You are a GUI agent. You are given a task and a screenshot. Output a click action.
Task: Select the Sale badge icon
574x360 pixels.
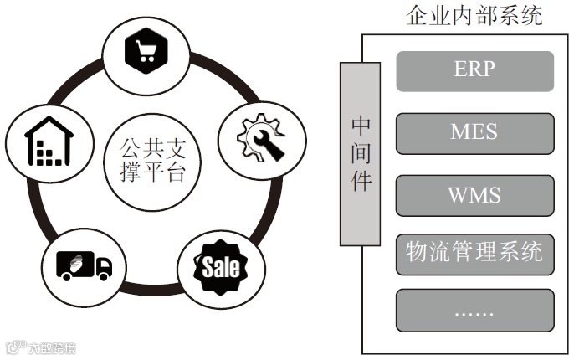221,267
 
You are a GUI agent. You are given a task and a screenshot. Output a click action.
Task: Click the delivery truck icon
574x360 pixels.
83,265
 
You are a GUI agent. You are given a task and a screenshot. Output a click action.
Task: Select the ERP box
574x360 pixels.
474,71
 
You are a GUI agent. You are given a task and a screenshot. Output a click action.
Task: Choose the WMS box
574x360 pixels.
474,196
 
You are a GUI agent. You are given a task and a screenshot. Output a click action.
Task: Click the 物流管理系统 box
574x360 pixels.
474,253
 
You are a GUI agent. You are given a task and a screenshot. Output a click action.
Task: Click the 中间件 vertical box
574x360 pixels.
360,153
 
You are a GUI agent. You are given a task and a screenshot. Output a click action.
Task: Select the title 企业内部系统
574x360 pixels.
474,16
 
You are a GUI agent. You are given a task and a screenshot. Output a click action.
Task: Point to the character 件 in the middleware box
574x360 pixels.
360,180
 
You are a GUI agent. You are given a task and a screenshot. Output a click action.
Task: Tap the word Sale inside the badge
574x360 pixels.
221,268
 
